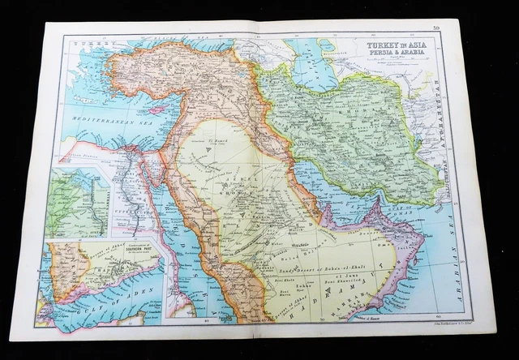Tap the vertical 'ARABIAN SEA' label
464,243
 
